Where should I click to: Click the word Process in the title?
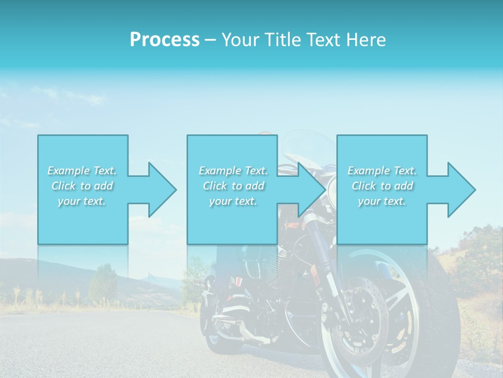click(165, 40)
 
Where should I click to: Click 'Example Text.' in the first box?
click(82, 171)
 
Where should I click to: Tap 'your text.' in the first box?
click(82, 201)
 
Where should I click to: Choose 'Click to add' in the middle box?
click(234, 186)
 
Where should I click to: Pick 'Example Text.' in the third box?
click(382, 171)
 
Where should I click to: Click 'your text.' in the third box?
click(382, 201)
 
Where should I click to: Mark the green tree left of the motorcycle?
click(103, 283)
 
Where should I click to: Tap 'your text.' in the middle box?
click(234, 201)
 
